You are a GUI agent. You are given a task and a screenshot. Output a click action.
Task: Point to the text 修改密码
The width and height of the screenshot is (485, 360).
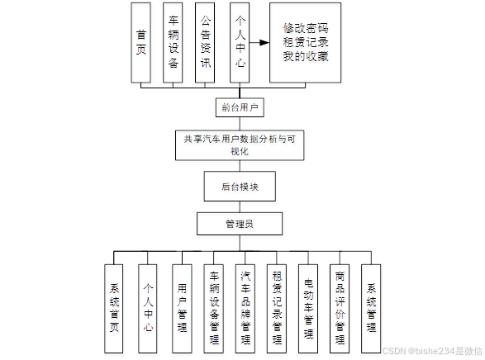pos(305,26)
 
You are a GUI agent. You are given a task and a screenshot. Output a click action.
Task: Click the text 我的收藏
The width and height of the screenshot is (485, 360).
pos(305,56)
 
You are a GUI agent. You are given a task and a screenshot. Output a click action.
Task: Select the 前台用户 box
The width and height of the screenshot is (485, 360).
pos(239,107)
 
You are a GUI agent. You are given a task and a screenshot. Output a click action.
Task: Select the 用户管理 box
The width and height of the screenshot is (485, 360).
pos(181,299)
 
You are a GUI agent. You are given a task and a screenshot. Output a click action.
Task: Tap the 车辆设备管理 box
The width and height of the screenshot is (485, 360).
pos(213,299)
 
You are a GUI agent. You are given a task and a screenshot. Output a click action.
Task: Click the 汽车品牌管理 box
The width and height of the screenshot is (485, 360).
pos(245,299)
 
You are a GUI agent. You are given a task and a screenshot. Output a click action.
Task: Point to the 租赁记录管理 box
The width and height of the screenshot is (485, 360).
pos(277,299)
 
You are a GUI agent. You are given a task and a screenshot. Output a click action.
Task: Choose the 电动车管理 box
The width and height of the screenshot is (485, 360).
pos(308,299)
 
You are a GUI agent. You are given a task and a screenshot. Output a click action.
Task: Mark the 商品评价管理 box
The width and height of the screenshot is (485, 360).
pos(340,299)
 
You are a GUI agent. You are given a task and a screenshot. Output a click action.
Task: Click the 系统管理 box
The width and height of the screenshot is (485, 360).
pos(371,299)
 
